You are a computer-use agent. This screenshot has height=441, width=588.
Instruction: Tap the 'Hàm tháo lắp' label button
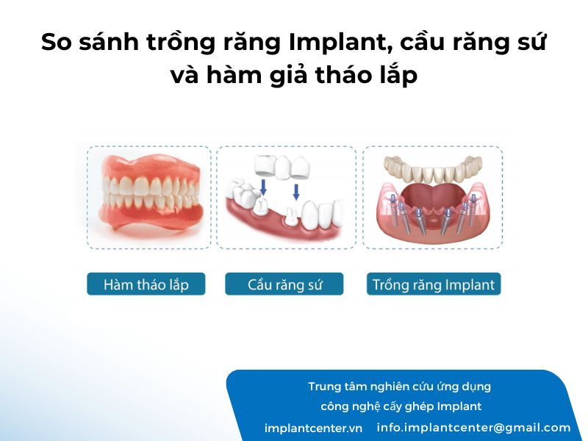146,284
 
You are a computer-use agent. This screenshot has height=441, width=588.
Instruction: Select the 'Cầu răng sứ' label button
284,284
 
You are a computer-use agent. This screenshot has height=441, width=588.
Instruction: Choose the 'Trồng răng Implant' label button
434,284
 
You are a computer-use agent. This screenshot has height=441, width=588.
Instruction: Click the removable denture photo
149,191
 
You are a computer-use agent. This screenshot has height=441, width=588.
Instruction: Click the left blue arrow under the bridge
263,187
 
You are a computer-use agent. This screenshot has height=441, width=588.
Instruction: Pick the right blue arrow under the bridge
296,192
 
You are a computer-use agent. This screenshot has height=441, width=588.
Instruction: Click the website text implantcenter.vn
314,429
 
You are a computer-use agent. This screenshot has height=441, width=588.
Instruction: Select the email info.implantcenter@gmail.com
473,428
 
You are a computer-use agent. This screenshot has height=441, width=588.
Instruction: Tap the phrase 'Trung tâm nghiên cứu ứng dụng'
399,387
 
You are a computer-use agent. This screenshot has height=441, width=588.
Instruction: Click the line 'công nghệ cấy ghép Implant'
401,406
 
